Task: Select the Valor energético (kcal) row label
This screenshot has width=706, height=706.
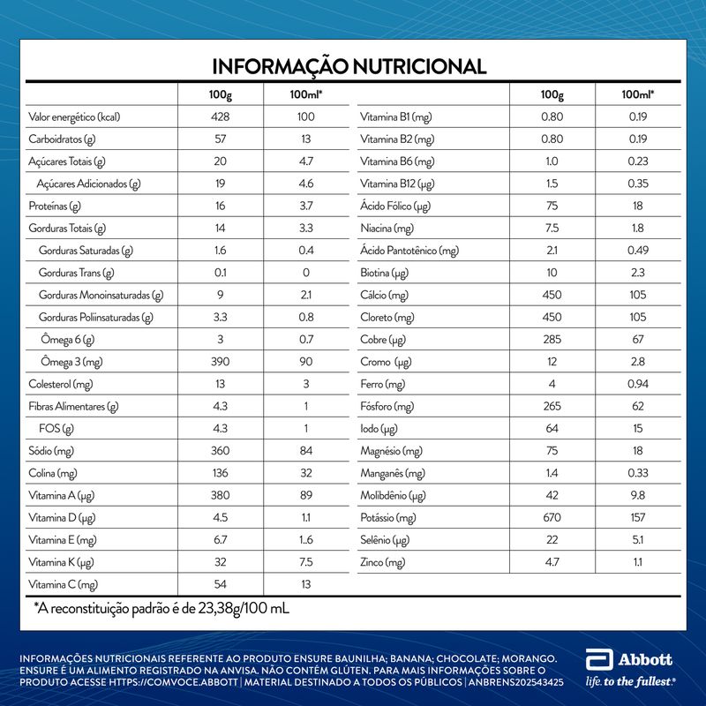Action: click(73, 117)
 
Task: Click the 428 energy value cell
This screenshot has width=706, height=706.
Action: click(221, 117)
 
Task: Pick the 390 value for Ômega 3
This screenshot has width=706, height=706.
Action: click(221, 361)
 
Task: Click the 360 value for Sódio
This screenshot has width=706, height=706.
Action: click(221, 450)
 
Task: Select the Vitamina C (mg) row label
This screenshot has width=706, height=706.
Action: click(63, 584)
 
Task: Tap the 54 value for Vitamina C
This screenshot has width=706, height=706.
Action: click(221, 584)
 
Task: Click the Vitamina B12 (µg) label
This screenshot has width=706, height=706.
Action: click(397, 184)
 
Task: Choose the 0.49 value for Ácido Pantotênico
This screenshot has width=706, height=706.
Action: click(638, 251)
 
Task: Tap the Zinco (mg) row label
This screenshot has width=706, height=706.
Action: click(383, 562)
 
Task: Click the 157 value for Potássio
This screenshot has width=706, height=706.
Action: click(638, 517)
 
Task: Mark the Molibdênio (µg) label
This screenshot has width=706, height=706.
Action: click(394, 495)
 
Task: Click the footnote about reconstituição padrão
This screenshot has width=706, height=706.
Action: click(161, 609)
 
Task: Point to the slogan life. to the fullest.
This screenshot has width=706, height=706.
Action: click(630, 681)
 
